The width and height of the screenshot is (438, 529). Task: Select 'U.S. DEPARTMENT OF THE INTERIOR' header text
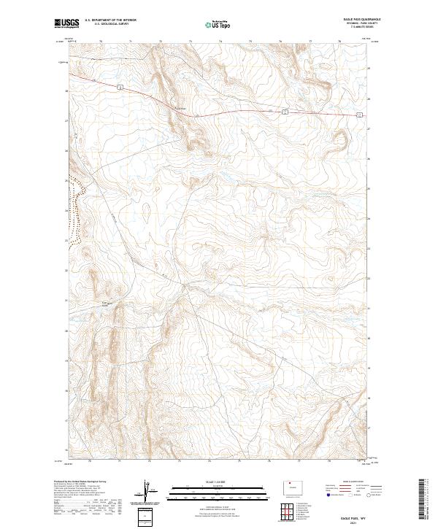(x=110, y=20)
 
